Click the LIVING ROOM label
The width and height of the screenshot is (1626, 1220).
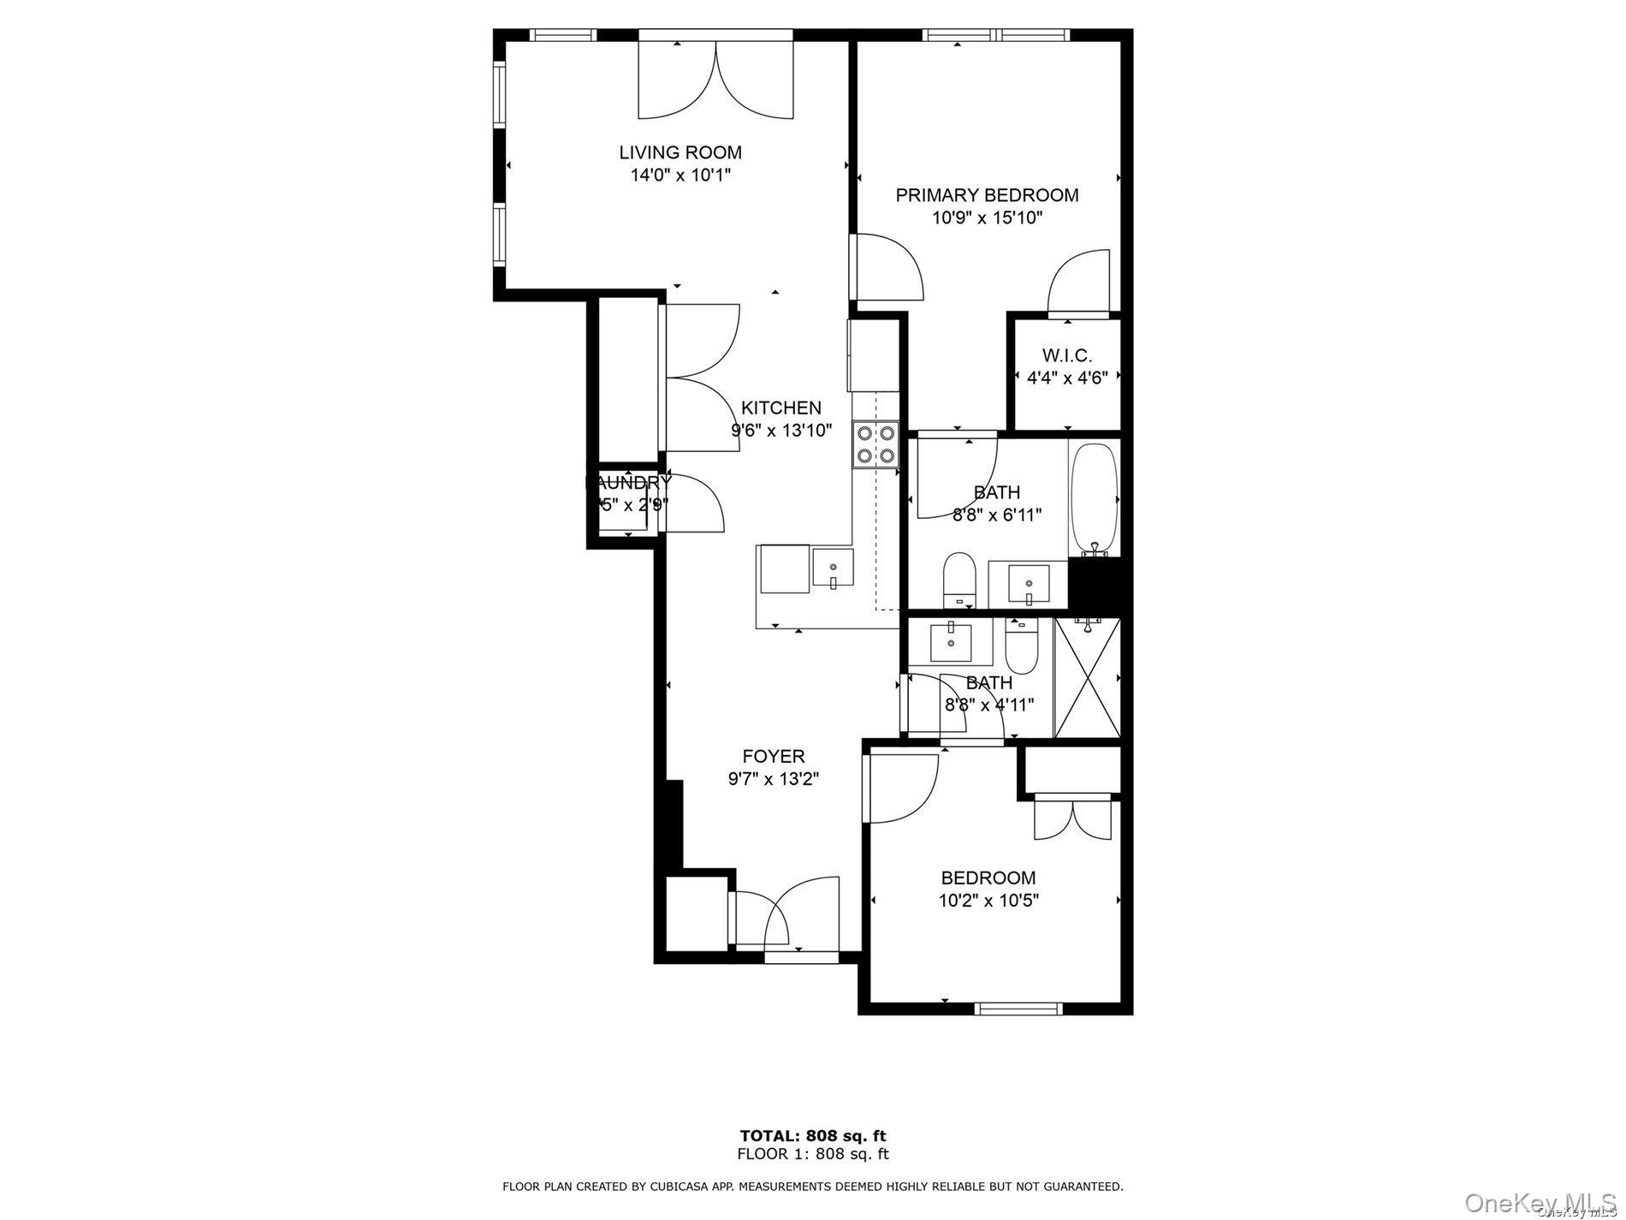680,152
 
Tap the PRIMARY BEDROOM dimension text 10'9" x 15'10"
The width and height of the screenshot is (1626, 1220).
987,217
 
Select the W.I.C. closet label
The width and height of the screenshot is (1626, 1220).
1067,355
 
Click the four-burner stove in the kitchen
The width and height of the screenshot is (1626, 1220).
875,444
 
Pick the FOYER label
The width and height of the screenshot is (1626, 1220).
774,756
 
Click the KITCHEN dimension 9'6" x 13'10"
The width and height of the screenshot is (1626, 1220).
780,430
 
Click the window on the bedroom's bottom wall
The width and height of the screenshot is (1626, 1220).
1018,1009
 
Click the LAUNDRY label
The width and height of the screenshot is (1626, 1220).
628,483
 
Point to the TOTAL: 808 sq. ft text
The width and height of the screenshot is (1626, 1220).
812,1136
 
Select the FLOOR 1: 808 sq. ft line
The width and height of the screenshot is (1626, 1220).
812,1153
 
